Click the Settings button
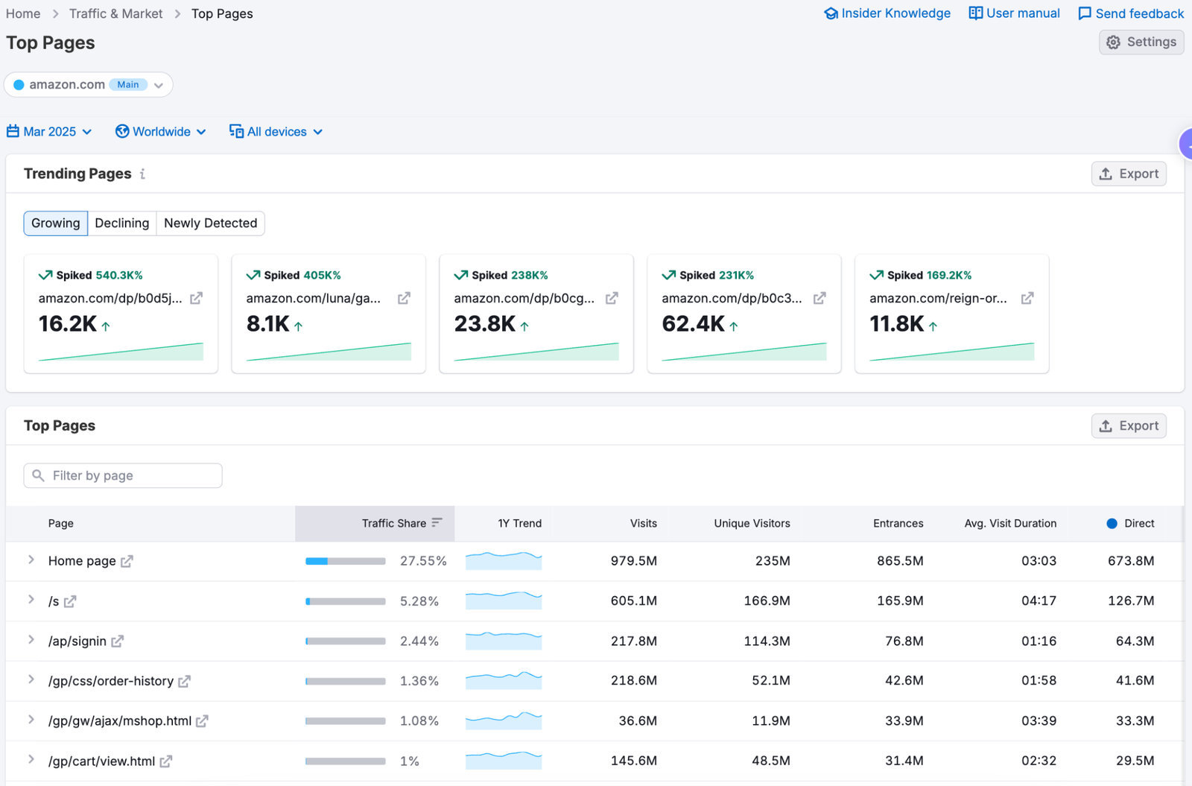[1141, 42]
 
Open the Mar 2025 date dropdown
[49, 132]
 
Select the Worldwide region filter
[161, 132]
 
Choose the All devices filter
[276, 132]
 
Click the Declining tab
[122, 224]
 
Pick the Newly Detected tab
[210, 224]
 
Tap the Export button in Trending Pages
[1129, 174]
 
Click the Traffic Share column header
[394, 524]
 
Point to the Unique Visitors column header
[752, 524]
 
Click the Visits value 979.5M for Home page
[633, 561]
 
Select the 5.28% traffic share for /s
[419, 601]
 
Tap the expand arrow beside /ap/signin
[31, 640]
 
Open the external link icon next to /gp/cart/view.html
[166, 761]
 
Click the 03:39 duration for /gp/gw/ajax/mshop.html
[1039, 721]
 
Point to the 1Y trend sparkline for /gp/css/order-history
[504, 680]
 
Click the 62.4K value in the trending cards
[693, 324]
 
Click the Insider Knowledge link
[887, 13]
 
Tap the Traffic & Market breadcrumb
[115, 13]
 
